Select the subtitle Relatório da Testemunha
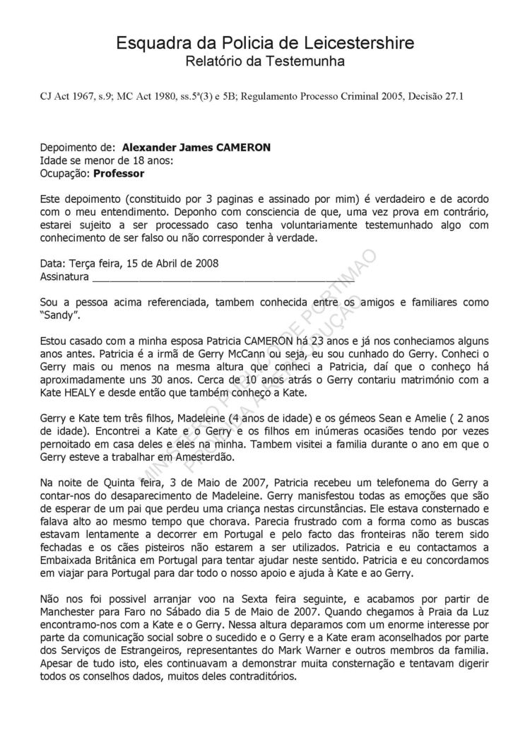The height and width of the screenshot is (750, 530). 265,62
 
